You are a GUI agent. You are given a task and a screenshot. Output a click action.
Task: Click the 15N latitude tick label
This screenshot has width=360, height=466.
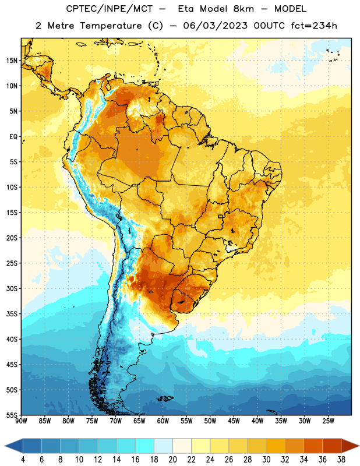tap(12, 61)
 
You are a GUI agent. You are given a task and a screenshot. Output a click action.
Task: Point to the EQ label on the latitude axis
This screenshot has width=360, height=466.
tap(13, 137)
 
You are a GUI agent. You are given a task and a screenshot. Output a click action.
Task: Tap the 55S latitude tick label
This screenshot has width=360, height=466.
tap(12, 415)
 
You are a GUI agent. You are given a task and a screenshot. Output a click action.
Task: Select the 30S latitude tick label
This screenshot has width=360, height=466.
tap(12, 288)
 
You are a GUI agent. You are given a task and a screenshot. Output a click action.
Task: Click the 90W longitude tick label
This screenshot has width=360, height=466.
tap(22, 421)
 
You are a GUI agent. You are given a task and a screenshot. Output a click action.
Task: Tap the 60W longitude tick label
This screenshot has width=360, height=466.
tap(163, 421)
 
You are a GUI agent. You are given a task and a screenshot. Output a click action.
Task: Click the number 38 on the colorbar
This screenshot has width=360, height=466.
tap(341, 460)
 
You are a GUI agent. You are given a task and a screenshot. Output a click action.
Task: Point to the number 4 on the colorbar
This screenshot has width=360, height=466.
tap(23, 460)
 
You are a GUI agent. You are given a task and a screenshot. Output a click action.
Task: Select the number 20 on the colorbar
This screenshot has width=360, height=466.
tap(172, 460)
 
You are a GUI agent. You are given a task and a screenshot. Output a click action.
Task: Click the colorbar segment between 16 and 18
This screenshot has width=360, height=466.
tap(145, 446)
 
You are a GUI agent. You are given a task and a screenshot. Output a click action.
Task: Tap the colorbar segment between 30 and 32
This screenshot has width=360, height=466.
tap(276, 446)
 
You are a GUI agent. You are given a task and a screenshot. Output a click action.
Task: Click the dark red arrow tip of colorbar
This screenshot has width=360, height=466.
tap(358, 446)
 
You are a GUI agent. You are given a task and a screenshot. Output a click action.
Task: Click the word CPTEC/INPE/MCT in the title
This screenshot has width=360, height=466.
tap(109, 9)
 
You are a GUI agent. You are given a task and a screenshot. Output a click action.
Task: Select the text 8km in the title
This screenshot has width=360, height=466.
tap(243, 9)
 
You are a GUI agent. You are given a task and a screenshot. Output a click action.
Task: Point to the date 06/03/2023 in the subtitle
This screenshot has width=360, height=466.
tap(215, 26)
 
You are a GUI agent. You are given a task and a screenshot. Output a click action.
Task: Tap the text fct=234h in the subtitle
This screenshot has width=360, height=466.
tap(314, 26)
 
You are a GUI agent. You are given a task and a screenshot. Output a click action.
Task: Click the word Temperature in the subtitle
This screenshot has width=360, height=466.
tap(111, 26)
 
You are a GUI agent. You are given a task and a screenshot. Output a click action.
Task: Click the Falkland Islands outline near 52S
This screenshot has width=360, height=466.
tap(165, 398)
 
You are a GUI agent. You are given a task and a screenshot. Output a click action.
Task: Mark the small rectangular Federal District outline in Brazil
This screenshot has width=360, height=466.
tap(221, 216)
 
